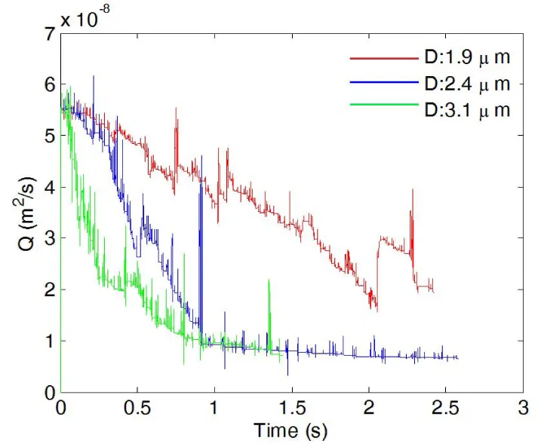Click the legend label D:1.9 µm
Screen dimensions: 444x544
[x=464, y=57]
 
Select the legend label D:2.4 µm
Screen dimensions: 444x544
[x=464, y=83]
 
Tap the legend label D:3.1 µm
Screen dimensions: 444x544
[x=464, y=109]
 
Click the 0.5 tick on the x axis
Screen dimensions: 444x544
[x=137, y=408]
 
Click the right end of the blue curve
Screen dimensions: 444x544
[x=459, y=358]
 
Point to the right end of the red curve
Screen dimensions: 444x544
[x=434, y=292]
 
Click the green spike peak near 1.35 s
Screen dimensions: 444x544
[x=269, y=280]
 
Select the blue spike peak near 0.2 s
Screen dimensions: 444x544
[x=94, y=76]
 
